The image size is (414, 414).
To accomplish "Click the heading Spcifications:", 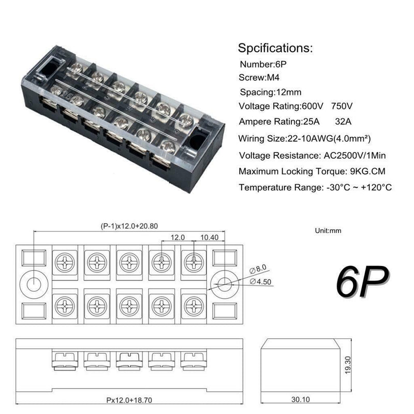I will [275, 49].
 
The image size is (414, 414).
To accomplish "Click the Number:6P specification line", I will [263, 65].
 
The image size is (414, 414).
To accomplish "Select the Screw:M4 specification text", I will [260, 78].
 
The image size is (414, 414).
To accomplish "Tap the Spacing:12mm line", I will [270, 92].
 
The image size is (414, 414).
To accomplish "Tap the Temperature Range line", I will [315, 187].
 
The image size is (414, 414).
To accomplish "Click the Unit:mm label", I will [328, 231].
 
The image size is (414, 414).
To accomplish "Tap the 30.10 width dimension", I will [298, 400].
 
